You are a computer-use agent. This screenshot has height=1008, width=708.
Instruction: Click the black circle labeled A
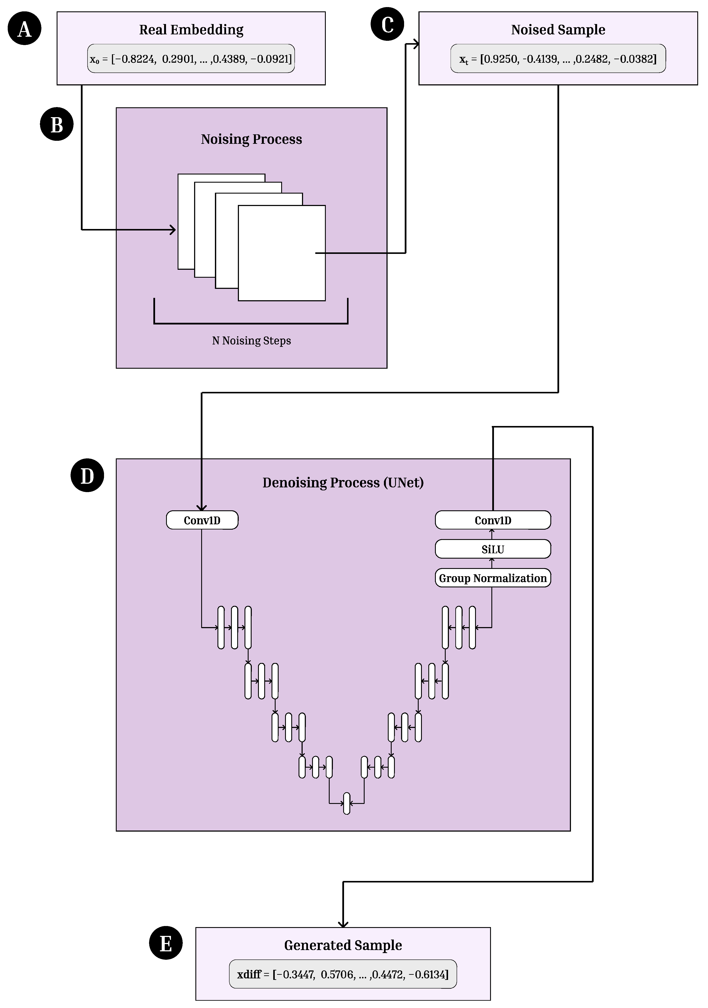[25, 29]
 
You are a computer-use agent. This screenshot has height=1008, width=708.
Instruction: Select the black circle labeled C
[387, 24]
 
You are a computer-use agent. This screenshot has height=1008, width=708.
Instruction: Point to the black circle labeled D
[87, 476]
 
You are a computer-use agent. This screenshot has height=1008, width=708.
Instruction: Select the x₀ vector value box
[191, 58]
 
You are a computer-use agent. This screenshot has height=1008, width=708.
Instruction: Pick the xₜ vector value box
[558, 58]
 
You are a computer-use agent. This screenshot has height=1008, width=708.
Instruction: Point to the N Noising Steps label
[251, 341]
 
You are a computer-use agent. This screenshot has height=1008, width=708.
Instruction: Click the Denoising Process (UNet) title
[343, 482]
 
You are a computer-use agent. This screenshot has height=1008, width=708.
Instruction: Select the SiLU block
[493, 549]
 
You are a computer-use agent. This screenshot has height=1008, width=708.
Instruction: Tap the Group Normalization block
[493, 578]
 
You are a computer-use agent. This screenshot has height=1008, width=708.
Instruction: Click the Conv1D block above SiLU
[493, 520]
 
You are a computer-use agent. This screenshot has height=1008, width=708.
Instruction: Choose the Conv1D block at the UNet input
[202, 520]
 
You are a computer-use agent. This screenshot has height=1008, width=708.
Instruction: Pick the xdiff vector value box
[343, 974]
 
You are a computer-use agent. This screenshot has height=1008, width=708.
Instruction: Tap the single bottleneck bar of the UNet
[347, 803]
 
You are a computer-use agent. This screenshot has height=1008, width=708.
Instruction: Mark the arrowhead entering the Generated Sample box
[343, 924]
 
